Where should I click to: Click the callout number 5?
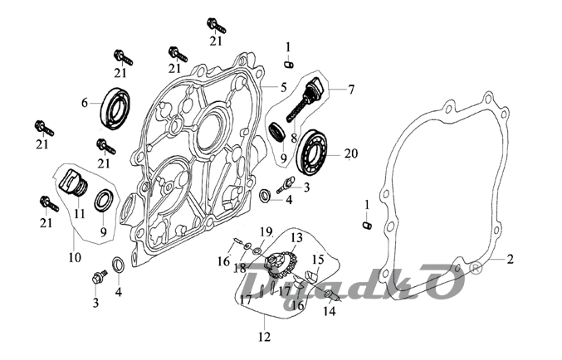tap(282, 87)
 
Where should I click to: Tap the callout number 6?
tap(85, 104)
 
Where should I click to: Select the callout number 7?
tap(351, 88)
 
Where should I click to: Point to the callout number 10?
tap(75, 258)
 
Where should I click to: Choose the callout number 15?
tap(316, 260)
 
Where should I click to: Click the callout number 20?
tap(350, 153)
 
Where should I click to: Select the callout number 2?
tap(511, 260)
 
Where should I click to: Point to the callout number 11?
tap(80, 214)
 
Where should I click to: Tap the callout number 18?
tap(239, 269)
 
